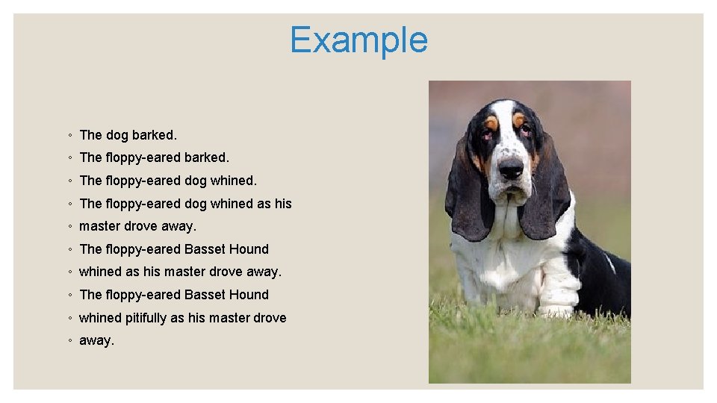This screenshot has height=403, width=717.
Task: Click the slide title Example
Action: point(358,40)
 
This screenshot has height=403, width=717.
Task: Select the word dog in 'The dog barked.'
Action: point(117,135)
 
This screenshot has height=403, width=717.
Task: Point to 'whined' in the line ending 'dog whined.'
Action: point(232,181)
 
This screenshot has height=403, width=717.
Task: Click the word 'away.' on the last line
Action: point(96,340)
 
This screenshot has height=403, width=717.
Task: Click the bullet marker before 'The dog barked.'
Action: point(69,136)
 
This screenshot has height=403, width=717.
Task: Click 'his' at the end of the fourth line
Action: point(282,204)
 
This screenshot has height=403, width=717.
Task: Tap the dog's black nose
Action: point(511,168)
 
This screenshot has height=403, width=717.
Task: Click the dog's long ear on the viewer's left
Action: point(468,198)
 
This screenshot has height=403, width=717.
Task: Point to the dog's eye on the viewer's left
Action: point(488,135)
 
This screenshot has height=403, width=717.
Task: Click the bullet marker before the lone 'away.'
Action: point(69,341)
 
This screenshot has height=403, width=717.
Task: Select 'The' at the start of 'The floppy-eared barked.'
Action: point(90,157)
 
